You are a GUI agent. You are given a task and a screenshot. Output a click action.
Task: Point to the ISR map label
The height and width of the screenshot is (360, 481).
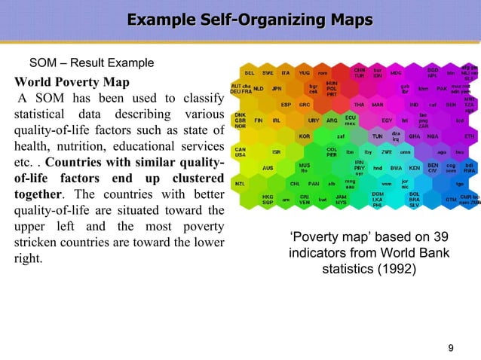click(x=277, y=151)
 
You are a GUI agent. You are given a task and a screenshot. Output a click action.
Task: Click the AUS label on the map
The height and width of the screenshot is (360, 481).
click(x=268, y=168)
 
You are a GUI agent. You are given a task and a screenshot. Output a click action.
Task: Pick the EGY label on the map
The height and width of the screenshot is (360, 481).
click(x=386, y=121)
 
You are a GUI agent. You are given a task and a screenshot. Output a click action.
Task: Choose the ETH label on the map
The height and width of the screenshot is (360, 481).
click(x=470, y=136)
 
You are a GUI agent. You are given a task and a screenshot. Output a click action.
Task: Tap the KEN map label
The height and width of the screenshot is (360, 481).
click(x=414, y=167)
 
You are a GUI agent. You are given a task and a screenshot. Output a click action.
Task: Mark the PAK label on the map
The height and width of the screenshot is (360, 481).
click(x=443, y=89)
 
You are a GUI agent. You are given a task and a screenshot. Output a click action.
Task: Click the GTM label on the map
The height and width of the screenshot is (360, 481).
click(x=451, y=199)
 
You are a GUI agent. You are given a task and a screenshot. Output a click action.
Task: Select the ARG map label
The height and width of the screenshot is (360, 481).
click(x=332, y=121)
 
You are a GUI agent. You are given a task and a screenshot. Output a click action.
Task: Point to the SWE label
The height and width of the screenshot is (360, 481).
click(x=268, y=73)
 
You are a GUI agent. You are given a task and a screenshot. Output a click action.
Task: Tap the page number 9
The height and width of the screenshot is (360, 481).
click(x=450, y=347)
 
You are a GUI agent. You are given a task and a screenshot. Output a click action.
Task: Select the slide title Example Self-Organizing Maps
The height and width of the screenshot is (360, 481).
click(x=240, y=19)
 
